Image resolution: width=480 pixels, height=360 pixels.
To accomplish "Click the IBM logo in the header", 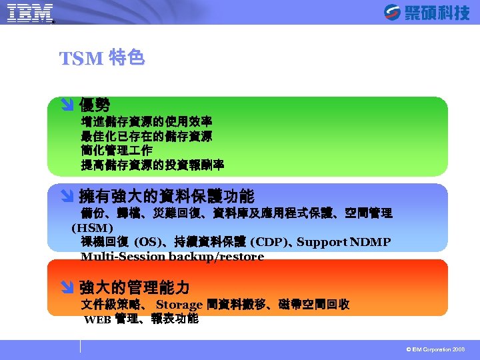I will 30,13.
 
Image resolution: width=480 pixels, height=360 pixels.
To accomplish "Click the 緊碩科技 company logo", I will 427,13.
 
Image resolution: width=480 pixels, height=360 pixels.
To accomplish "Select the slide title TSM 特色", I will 101,59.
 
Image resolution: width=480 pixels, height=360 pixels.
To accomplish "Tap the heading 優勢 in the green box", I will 95,105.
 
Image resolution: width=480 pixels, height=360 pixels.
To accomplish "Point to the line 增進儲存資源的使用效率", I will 146,121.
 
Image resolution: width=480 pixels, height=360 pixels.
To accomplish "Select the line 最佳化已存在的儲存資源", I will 146,136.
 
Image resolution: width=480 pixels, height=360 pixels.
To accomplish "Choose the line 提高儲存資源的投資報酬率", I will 152,165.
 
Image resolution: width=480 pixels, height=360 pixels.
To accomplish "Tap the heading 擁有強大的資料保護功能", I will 166,196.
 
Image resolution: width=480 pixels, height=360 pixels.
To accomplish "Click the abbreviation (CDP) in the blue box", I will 269,242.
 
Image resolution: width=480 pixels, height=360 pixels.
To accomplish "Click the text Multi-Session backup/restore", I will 172,257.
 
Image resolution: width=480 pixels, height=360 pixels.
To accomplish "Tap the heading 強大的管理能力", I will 134,288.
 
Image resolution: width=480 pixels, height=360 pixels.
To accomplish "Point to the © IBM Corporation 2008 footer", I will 435,349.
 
